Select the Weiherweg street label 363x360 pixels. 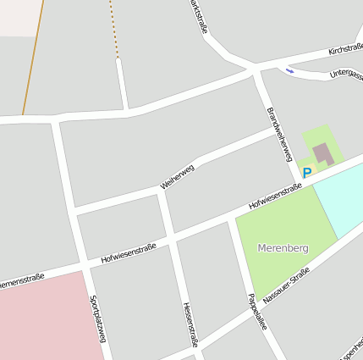(x=177, y=176)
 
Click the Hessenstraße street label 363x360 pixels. (x=190, y=324)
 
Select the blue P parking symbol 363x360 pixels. (x=307, y=173)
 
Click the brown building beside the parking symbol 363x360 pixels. (x=322, y=154)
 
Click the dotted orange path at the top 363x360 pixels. (x=113, y=30)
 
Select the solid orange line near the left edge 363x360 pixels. (x=32, y=59)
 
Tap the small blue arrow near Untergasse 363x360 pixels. (x=289, y=70)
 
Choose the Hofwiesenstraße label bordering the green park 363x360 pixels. (x=275, y=198)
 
